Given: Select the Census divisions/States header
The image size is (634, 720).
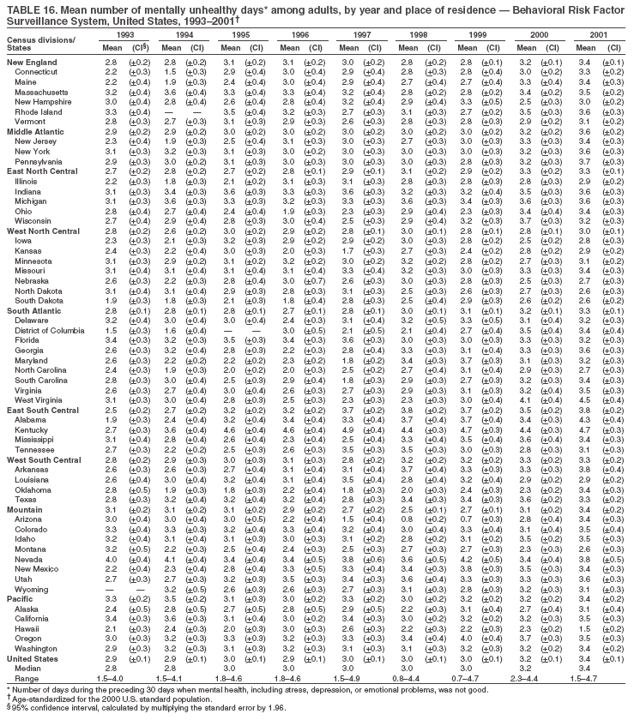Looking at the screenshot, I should coord(40,45).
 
